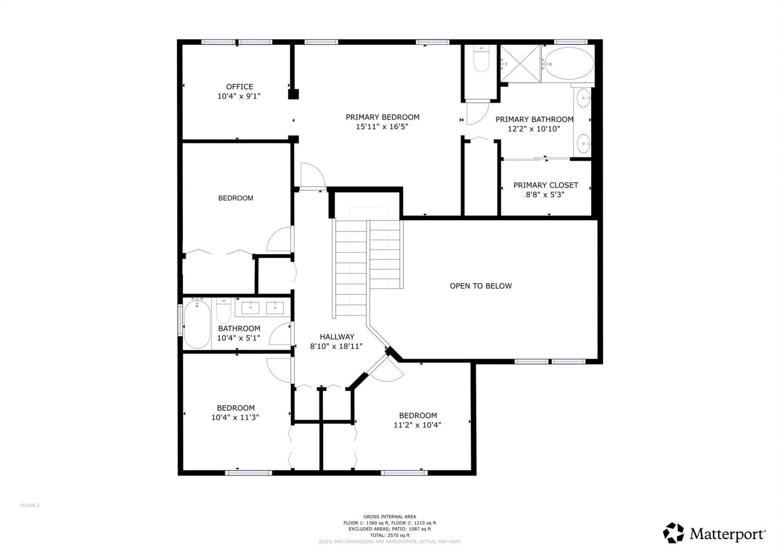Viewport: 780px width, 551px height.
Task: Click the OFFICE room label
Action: coord(239,86)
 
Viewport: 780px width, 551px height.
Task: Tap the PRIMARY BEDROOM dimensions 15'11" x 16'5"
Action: coord(382,127)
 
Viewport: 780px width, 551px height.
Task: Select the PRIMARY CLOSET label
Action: coord(545,185)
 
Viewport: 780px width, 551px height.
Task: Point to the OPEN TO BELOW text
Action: coord(481,286)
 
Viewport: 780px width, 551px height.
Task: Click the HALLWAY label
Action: coord(337,337)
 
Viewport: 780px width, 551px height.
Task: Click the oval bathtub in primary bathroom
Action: coord(568,63)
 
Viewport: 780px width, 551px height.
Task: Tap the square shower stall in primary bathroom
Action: coord(520,64)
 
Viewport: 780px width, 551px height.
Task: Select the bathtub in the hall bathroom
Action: coord(197,324)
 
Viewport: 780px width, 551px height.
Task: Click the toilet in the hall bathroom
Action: coord(223,311)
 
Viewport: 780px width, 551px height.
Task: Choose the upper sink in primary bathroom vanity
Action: coord(583,98)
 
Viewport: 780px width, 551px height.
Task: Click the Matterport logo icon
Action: coord(673,533)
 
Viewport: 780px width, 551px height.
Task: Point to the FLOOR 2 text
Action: coord(30,506)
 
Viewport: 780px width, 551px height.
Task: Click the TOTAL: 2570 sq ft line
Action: coord(390,535)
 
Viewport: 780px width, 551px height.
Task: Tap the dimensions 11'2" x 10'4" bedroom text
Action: coord(417,425)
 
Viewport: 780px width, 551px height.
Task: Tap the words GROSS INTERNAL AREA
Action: coord(390,517)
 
